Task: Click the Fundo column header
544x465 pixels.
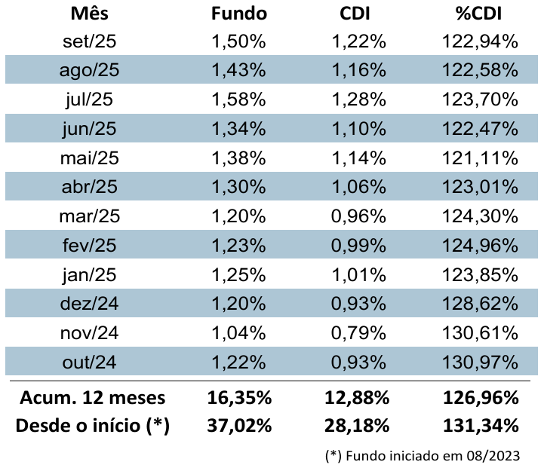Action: (x=239, y=14)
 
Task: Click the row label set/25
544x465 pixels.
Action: (x=89, y=41)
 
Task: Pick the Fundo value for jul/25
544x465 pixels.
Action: (x=239, y=99)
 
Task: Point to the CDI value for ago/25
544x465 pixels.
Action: (x=359, y=70)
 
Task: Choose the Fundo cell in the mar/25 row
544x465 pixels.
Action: (x=239, y=217)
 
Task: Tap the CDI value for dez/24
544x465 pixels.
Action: (x=359, y=304)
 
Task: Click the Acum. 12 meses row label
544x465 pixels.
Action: (x=92, y=397)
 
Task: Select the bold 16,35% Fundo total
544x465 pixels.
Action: (x=239, y=397)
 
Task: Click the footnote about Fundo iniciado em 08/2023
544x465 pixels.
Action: (x=423, y=455)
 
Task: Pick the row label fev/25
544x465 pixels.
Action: (x=89, y=246)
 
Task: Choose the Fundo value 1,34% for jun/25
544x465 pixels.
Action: (x=239, y=129)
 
